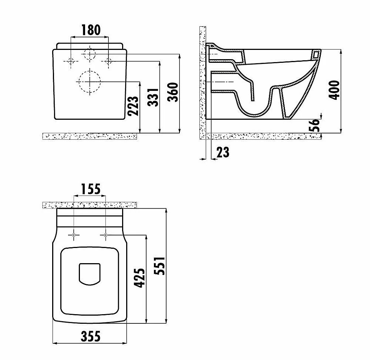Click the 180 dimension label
point(91,30)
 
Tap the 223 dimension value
point(133,106)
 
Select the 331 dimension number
point(153,97)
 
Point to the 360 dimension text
point(173,92)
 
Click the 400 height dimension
point(334,90)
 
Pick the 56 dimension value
point(314,125)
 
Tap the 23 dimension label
point(223,152)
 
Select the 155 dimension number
point(91,189)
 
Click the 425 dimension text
point(139,278)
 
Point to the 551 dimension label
point(159,266)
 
